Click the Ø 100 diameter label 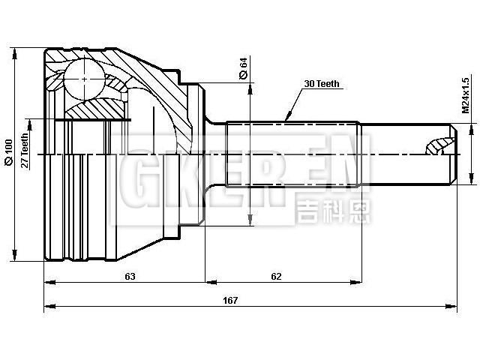point(8,152)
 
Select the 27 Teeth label point(25,152)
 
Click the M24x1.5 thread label point(465,94)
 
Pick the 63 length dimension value point(130,276)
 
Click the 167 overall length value point(230,300)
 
